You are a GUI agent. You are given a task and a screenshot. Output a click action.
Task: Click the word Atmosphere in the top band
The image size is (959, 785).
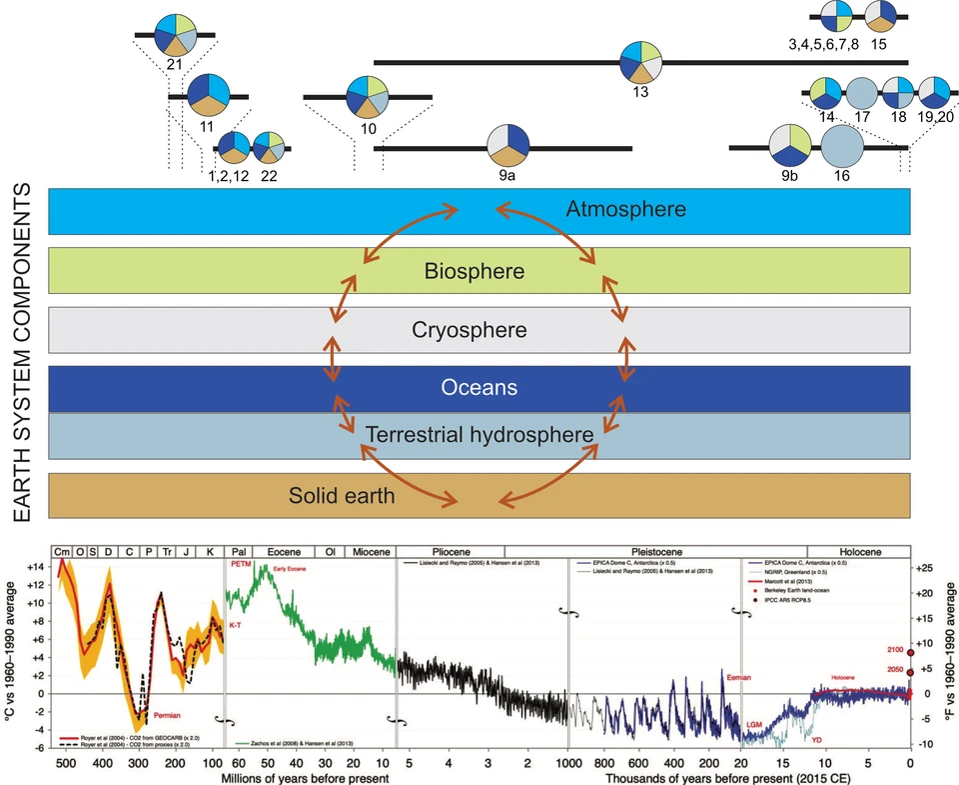[x=626, y=210]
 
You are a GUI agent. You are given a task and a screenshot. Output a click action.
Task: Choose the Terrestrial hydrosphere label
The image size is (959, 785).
[x=480, y=435]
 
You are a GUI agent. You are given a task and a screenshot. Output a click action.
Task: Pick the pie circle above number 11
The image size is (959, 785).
[x=208, y=96]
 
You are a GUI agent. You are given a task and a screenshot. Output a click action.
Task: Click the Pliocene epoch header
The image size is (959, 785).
[x=450, y=551]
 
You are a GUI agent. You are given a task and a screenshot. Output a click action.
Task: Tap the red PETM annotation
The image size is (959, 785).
[x=240, y=565]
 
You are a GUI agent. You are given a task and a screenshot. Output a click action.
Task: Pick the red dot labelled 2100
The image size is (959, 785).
[x=910, y=652]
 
